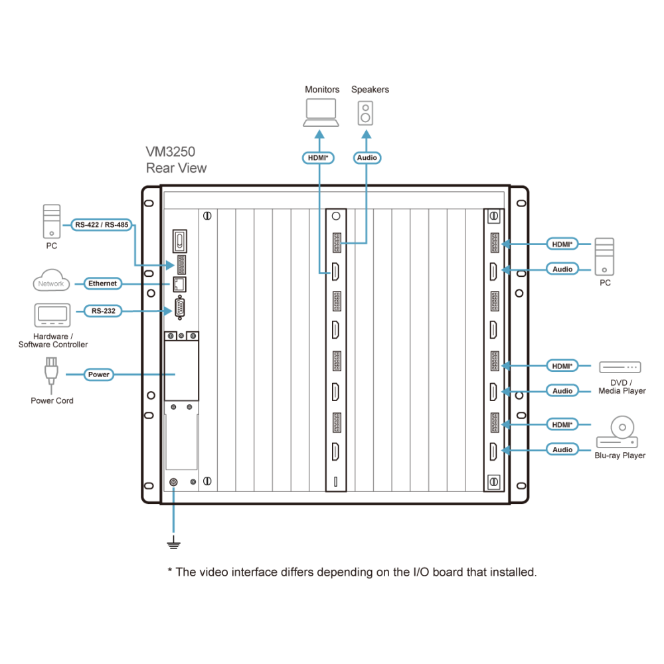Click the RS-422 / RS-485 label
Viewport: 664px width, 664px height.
102,225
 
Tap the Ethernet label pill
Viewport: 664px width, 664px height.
102,284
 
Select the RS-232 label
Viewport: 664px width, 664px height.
104,311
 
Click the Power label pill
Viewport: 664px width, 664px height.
99,374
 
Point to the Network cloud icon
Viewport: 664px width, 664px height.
51,280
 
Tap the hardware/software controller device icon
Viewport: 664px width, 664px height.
52,315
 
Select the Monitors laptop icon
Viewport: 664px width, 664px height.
321,113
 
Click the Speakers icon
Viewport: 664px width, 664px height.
365,113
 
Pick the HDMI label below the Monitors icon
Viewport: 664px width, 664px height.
318,158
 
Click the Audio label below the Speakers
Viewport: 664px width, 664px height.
367,158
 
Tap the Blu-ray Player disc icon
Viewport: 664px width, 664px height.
618,432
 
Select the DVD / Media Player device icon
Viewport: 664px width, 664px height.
620,367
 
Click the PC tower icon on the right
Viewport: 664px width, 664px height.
604,256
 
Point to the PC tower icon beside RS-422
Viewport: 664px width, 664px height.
52,222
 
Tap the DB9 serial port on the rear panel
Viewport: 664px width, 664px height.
179,308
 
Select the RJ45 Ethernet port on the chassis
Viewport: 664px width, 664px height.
179,284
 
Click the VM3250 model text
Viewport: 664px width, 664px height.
170,151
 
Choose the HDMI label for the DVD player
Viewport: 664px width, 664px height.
562,366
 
